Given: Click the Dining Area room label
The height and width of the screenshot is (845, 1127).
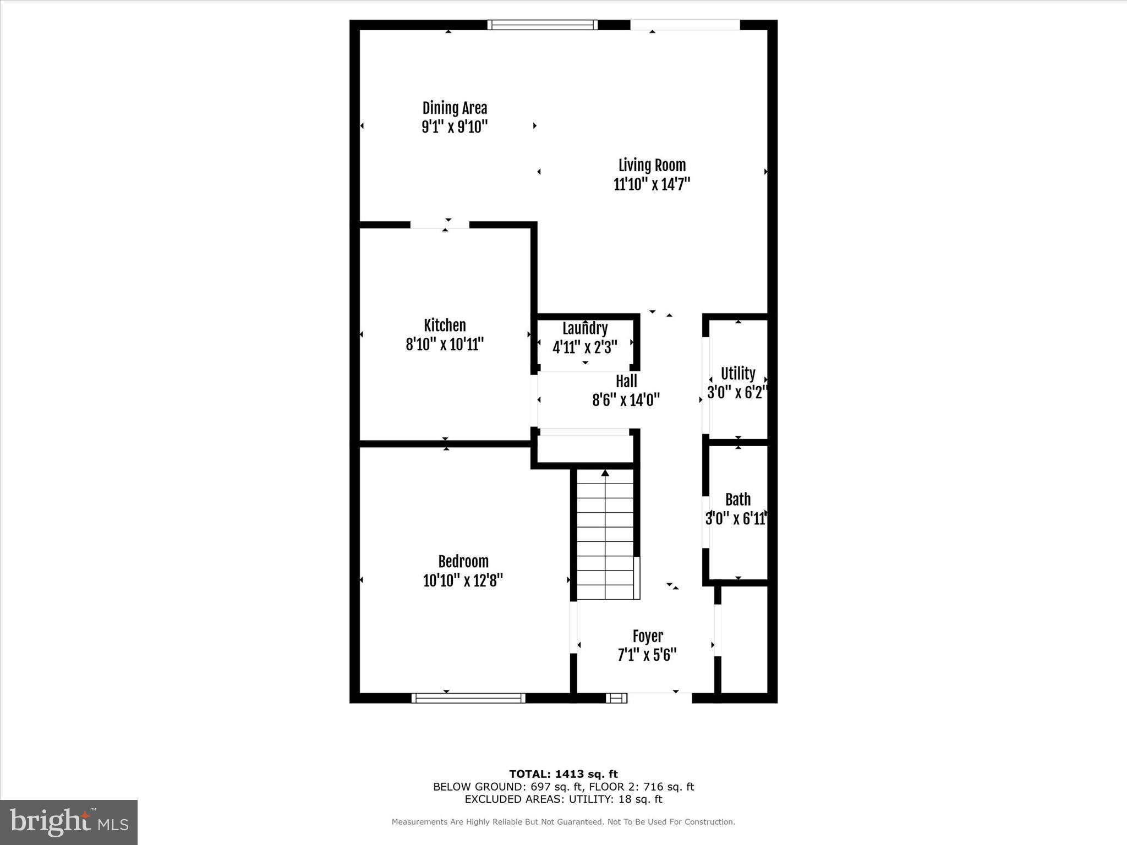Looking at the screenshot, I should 455,108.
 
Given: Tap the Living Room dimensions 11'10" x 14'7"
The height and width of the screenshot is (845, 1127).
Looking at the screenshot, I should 652,184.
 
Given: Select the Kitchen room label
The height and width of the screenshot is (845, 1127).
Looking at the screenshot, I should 445,325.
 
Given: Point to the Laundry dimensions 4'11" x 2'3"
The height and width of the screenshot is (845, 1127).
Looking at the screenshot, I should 584,347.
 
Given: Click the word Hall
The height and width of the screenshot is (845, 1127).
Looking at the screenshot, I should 626,381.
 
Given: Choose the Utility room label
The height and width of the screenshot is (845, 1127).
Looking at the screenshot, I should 738,374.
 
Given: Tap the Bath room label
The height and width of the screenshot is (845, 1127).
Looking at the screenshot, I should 738,500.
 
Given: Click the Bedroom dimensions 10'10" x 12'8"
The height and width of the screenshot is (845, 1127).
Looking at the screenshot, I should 463,580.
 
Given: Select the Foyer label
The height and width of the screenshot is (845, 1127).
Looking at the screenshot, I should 648,637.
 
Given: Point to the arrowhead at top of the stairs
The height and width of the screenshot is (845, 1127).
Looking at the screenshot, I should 605,473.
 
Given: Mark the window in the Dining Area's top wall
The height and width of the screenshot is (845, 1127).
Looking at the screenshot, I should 543,25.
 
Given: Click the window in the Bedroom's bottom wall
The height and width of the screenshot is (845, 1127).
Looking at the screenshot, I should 468,698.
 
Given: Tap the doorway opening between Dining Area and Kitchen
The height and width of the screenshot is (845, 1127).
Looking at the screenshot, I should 440,224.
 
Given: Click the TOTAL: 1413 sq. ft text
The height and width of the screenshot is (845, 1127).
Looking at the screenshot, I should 563,774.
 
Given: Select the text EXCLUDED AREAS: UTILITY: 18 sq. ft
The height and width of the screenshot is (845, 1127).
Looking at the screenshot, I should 563,799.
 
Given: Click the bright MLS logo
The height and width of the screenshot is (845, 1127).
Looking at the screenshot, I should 69,822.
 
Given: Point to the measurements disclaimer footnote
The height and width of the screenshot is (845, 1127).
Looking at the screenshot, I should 563,822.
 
